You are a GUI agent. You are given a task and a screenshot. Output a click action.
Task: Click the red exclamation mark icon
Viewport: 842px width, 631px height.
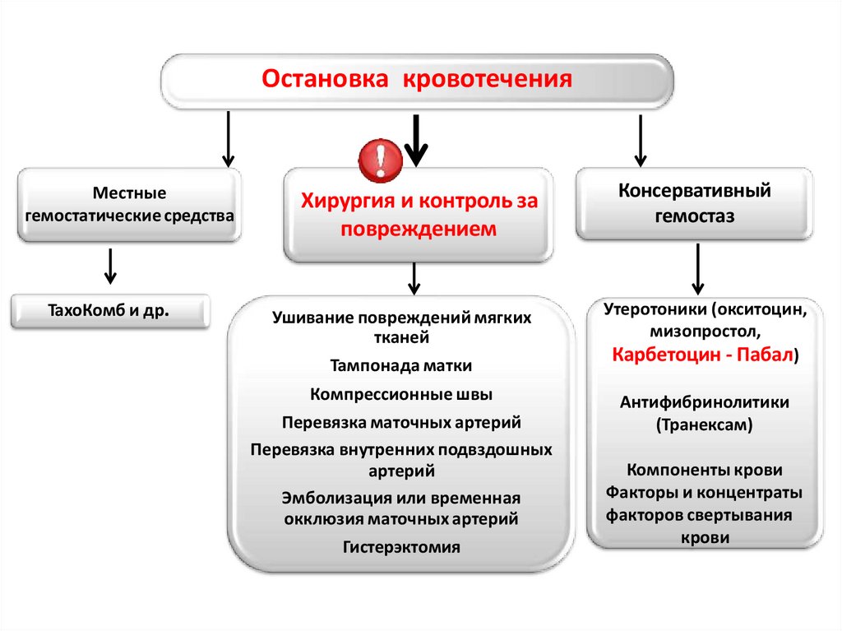pyautogui.click(x=379, y=159)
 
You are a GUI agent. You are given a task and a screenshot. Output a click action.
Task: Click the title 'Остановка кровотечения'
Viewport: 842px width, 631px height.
pyautogui.click(x=416, y=80)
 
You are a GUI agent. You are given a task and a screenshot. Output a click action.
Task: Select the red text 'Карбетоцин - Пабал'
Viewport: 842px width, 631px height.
pyautogui.click(x=701, y=355)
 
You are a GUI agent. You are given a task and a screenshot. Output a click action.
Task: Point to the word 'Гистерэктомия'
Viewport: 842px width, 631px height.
pyautogui.click(x=401, y=546)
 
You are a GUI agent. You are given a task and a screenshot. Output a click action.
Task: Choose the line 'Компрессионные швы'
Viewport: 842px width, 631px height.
pyautogui.click(x=401, y=394)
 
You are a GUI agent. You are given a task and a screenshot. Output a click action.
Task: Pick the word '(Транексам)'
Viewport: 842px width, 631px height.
pyautogui.click(x=704, y=425)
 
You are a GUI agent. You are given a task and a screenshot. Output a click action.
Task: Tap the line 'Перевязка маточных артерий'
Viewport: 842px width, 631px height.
pyautogui.click(x=401, y=422)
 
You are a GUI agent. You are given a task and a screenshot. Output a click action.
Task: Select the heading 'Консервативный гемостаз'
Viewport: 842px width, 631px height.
pyautogui.click(x=695, y=203)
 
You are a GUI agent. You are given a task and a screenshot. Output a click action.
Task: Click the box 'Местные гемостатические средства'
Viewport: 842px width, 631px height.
pyautogui.click(x=130, y=205)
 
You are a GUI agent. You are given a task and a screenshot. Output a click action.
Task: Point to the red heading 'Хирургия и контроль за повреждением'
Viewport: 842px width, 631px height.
pyautogui.click(x=419, y=215)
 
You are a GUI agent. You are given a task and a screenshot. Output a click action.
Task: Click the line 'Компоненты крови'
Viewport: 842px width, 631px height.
pyautogui.click(x=705, y=471)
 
